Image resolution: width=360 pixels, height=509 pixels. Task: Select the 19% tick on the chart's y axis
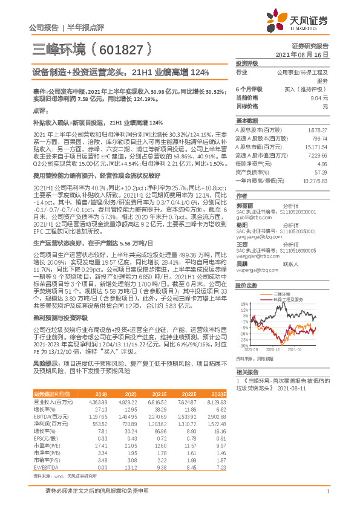pos(243,303)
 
